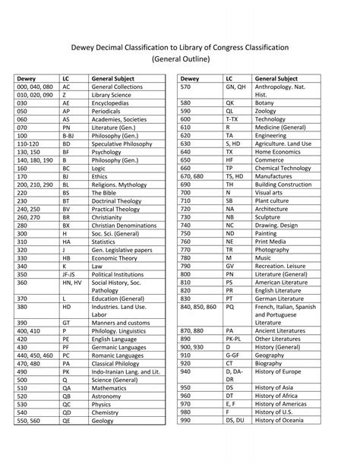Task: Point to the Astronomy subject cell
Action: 109,396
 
